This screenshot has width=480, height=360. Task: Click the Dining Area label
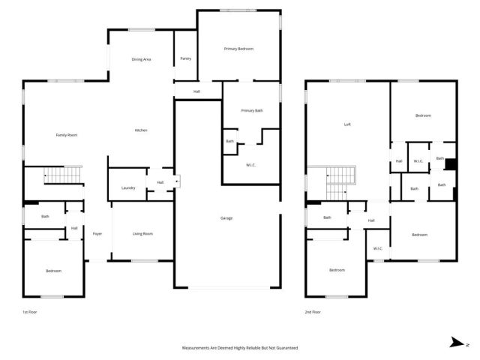click(x=142, y=59)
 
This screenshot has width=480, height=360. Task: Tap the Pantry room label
click(x=185, y=59)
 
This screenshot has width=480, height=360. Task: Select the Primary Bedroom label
click(x=238, y=49)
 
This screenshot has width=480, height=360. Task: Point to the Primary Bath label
click(x=252, y=111)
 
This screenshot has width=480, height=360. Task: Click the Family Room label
click(x=67, y=135)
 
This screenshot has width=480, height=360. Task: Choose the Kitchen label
click(x=141, y=130)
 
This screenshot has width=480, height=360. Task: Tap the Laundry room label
click(x=128, y=187)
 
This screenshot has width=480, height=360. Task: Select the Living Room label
click(x=142, y=234)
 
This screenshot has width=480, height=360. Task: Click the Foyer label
click(x=97, y=234)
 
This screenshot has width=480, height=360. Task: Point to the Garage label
click(x=226, y=218)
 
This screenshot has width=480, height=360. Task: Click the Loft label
click(x=347, y=124)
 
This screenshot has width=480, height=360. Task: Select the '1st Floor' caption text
click(x=29, y=311)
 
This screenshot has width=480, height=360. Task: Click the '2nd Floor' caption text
click(x=313, y=311)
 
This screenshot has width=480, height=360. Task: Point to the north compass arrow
click(x=457, y=343)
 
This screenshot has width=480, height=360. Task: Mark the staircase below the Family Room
click(x=61, y=175)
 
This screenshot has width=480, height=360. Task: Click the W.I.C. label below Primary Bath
click(x=252, y=165)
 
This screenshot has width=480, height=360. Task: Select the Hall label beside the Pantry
click(x=196, y=91)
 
